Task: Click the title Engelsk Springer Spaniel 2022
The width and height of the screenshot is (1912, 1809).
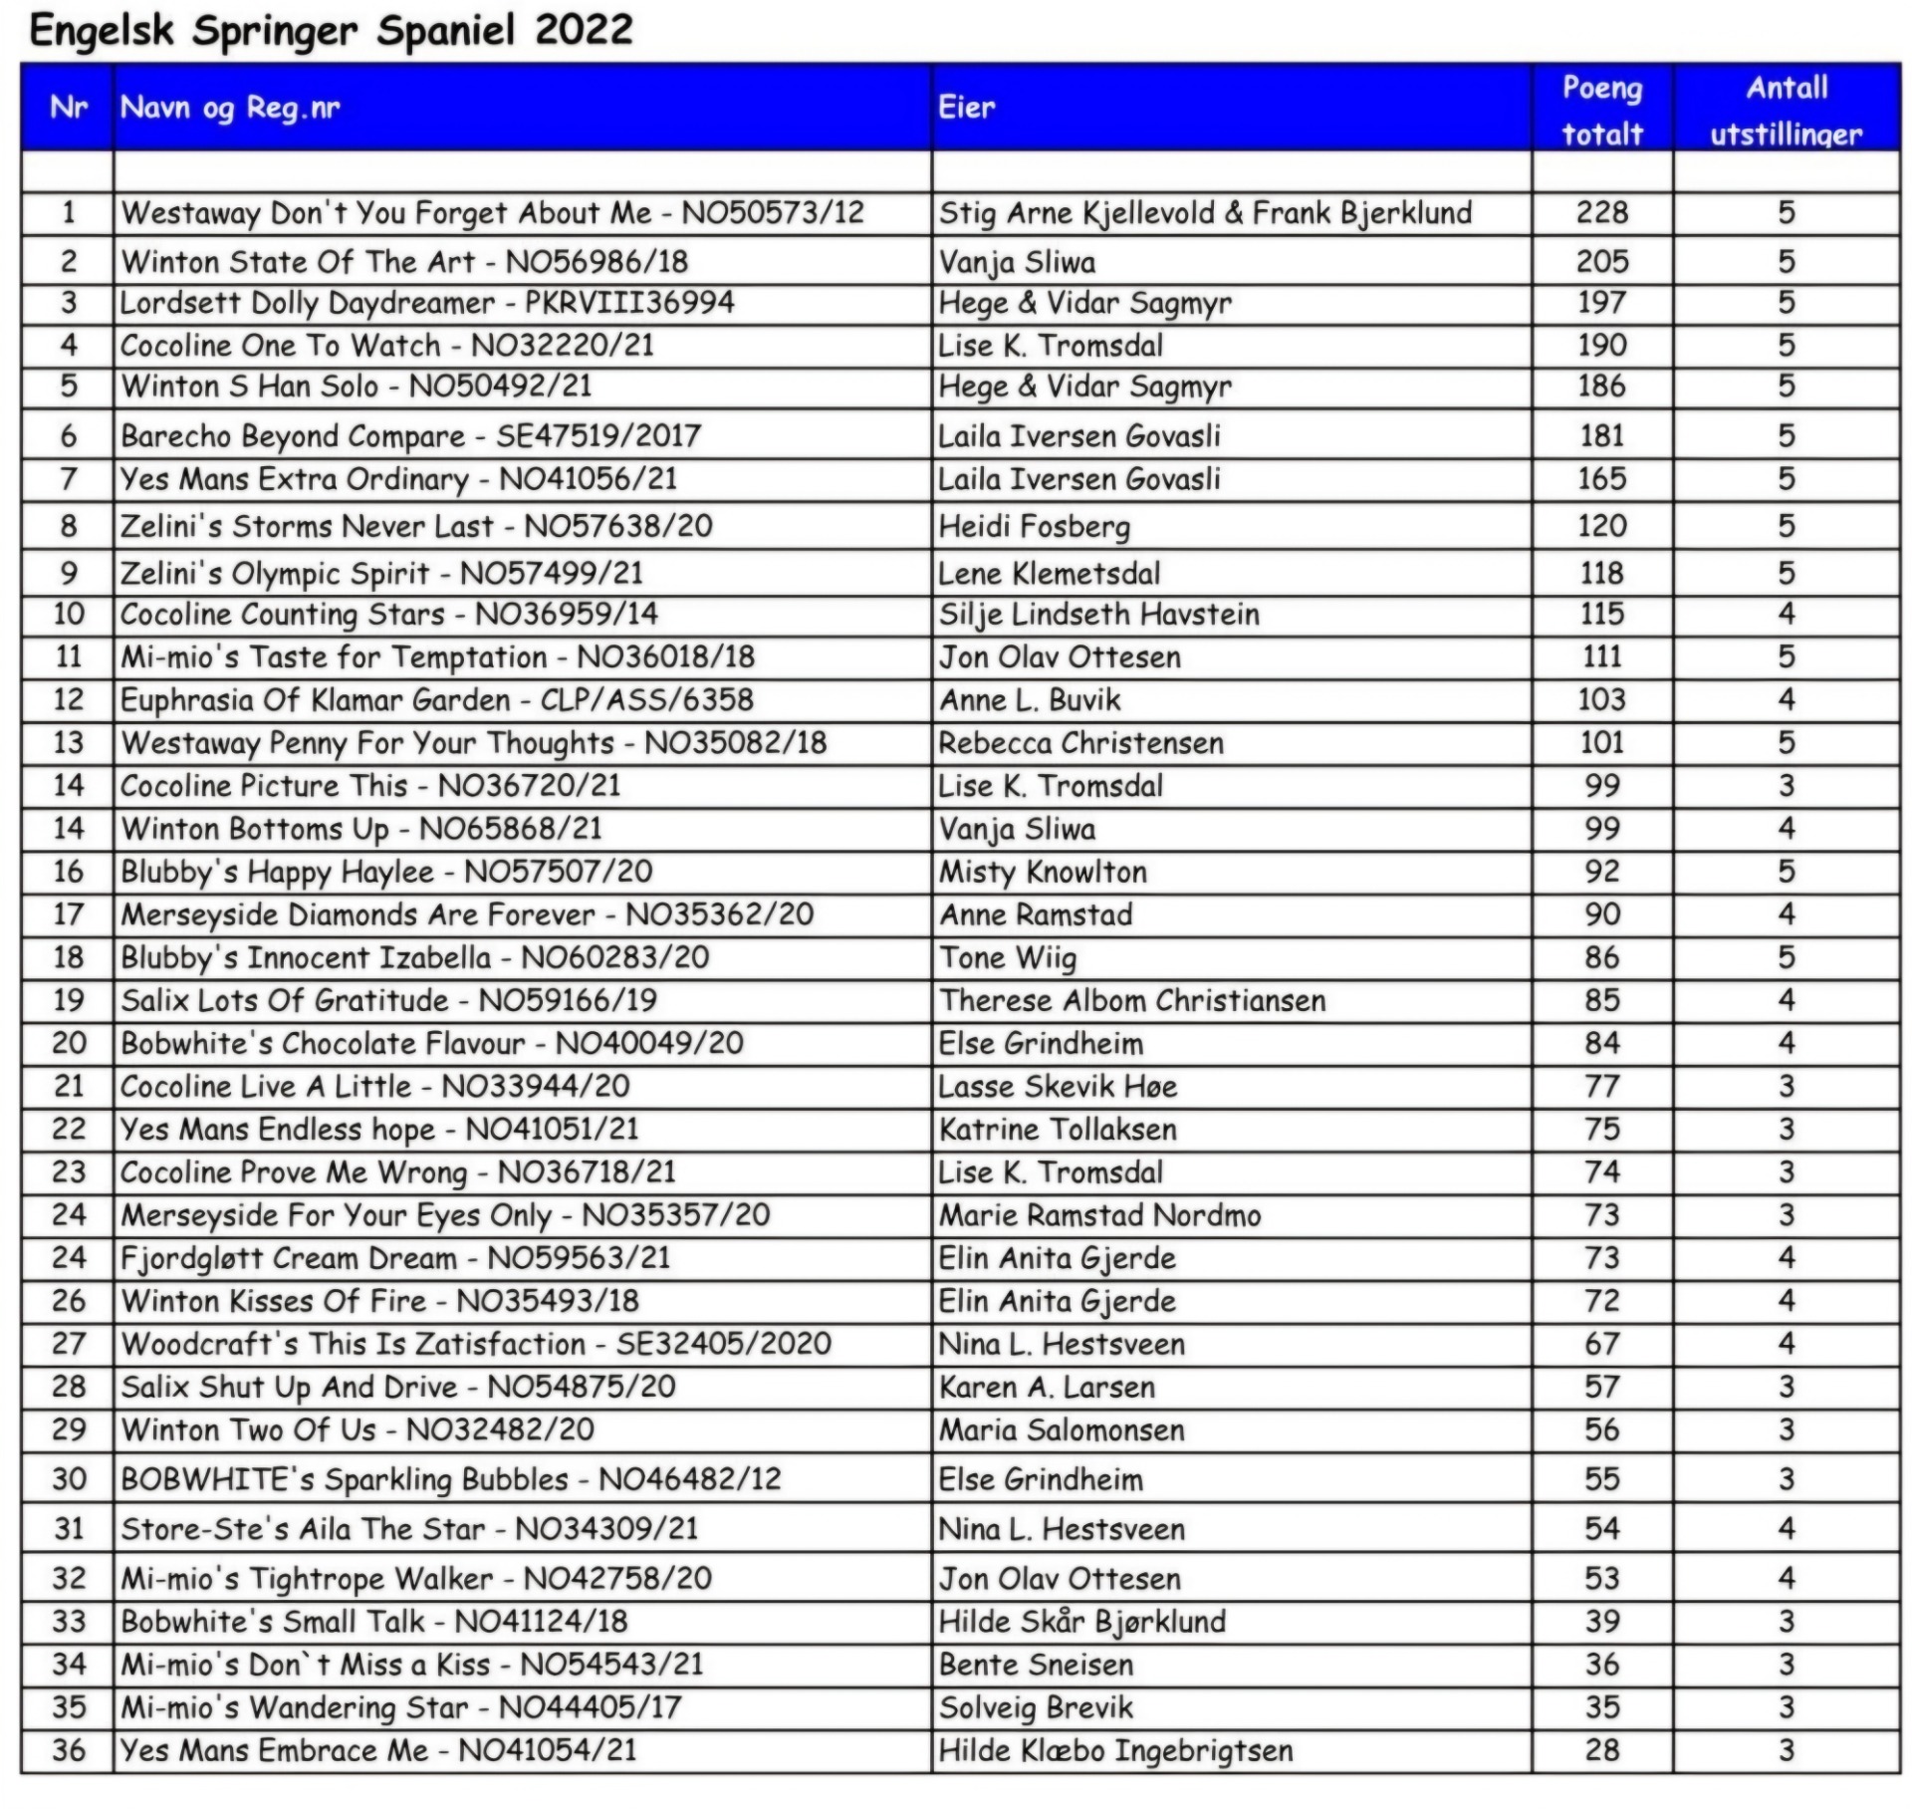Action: click(x=331, y=30)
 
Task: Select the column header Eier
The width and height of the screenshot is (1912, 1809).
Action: click(x=966, y=108)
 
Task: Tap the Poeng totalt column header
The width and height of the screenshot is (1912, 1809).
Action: click(x=1601, y=110)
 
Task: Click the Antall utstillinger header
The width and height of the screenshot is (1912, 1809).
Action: click(x=1787, y=110)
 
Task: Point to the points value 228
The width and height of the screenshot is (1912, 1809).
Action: click(x=1601, y=212)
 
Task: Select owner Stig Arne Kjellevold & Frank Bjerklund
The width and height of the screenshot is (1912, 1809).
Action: click(x=1205, y=212)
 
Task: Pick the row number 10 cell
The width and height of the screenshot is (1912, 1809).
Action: click(x=68, y=614)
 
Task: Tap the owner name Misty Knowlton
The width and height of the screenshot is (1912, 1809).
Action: click(x=1043, y=872)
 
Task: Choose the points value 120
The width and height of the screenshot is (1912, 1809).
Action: click(x=1601, y=526)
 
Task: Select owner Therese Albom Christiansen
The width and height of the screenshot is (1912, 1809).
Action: click(x=1132, y=1000)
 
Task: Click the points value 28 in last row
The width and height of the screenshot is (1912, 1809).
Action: click(x=1601, y=1750)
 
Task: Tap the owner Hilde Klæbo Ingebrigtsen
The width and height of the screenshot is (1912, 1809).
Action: click(x=1115, y=1750)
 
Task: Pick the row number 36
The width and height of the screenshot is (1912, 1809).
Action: click(x=68, y=1750)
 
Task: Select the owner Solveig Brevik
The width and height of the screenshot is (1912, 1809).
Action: click(x=1036, y=1707)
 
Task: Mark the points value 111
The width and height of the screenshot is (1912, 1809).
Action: click(x=1601, y=656)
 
